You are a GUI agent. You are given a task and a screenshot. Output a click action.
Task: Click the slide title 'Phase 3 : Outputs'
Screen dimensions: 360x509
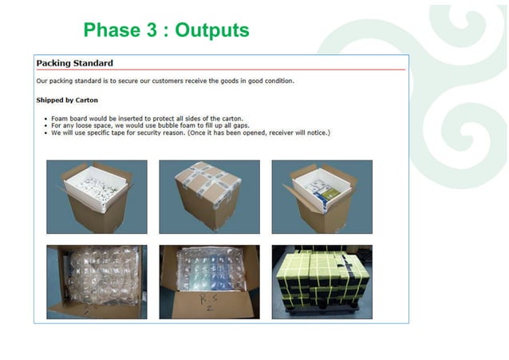(166, 30)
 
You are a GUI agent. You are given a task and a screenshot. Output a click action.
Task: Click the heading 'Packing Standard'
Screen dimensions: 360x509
(74, 63)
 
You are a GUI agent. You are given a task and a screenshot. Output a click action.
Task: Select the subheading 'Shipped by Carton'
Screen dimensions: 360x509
(67, 100)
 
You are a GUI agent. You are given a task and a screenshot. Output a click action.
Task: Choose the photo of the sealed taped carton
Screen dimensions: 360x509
(209, 196)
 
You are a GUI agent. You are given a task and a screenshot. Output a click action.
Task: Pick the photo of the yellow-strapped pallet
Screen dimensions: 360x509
(322, 282)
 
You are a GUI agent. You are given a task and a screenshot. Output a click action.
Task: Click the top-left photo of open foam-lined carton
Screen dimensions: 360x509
(97, 196)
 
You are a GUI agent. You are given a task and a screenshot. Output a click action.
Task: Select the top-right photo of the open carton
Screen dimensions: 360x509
(322, 196)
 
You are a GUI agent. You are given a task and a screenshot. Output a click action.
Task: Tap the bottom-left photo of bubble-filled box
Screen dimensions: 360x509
(97, 282)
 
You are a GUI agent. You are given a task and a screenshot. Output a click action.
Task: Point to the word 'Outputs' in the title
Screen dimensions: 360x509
(212, 30)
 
